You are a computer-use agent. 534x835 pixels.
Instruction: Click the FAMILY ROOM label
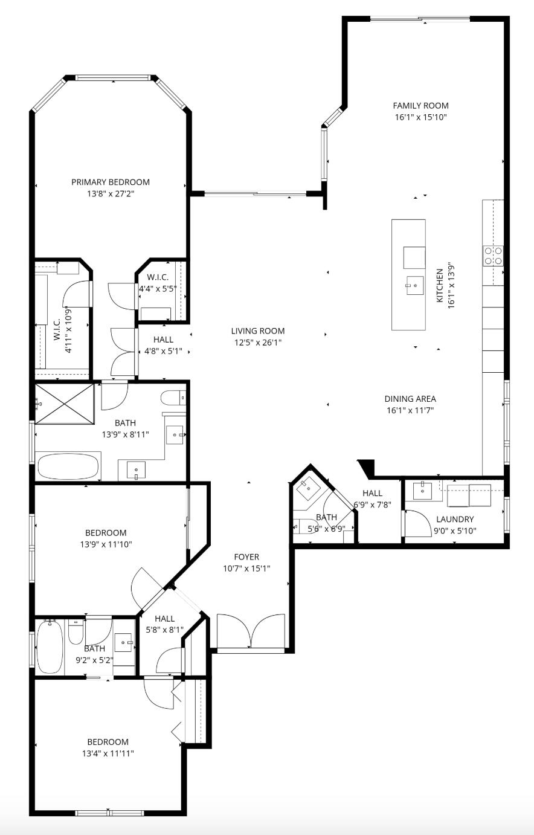click(420, 106)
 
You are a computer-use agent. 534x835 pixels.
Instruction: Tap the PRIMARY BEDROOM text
click(111, 182)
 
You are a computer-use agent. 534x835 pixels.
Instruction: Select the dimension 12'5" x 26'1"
click(258, 343)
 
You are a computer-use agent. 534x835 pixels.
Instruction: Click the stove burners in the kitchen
click(493, 256)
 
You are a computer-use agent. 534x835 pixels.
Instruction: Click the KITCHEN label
click(440, 286)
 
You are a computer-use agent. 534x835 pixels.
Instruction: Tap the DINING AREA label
click(410, 399)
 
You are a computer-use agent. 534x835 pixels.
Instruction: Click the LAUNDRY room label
click(455, 519)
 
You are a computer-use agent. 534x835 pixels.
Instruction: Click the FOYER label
click(246, 557)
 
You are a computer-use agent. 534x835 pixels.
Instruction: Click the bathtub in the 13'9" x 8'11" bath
click(68, 466)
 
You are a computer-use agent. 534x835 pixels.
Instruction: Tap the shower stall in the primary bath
click(65, 403)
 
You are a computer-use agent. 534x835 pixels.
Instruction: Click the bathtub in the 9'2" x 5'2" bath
click(50, 647)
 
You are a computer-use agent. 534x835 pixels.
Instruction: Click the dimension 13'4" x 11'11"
click(108, 753)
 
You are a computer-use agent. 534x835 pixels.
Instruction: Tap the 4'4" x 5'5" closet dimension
click(157, 289)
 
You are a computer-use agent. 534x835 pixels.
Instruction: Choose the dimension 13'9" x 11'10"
click(106, 544)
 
